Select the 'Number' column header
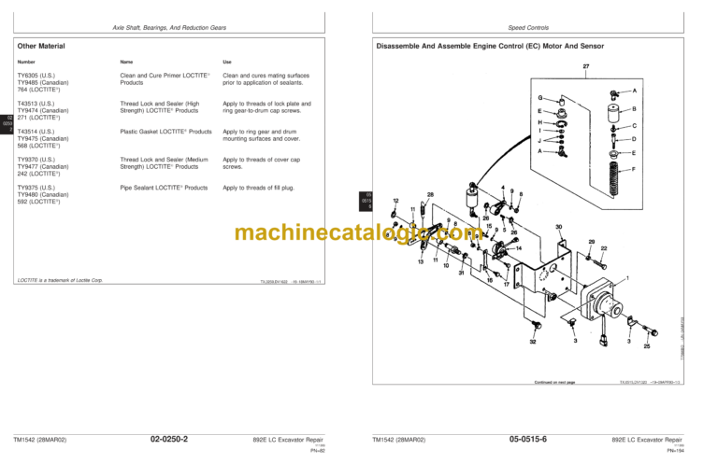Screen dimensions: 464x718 pyautogui.click(x=26, y=62)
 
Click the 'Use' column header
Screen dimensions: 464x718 pyautogui.click(x=226, y=62)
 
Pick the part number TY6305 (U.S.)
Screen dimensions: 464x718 pyautogui.click(x=36, y=76)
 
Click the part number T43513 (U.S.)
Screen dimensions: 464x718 pyautogui.click(x=36, y=104)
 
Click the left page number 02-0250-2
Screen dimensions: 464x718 pyautogui.click(x=169, y=439)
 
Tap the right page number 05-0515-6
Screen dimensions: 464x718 pyautogui.click(x=528, y=439)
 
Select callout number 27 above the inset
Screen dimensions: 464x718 pyautogui.click(x=585, y=66)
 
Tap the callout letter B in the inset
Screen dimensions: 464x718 pyautogui.click(x=634, y=108)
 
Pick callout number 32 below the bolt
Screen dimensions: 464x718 pyautogui.click(x=533, y=343)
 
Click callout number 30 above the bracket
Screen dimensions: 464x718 pyautogui.click(x=558, y=227)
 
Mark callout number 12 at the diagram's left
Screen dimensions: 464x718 pyautogui.click(x=396, y=201)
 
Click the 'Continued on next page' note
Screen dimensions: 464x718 pyautogui.click(x=554, y=382)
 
